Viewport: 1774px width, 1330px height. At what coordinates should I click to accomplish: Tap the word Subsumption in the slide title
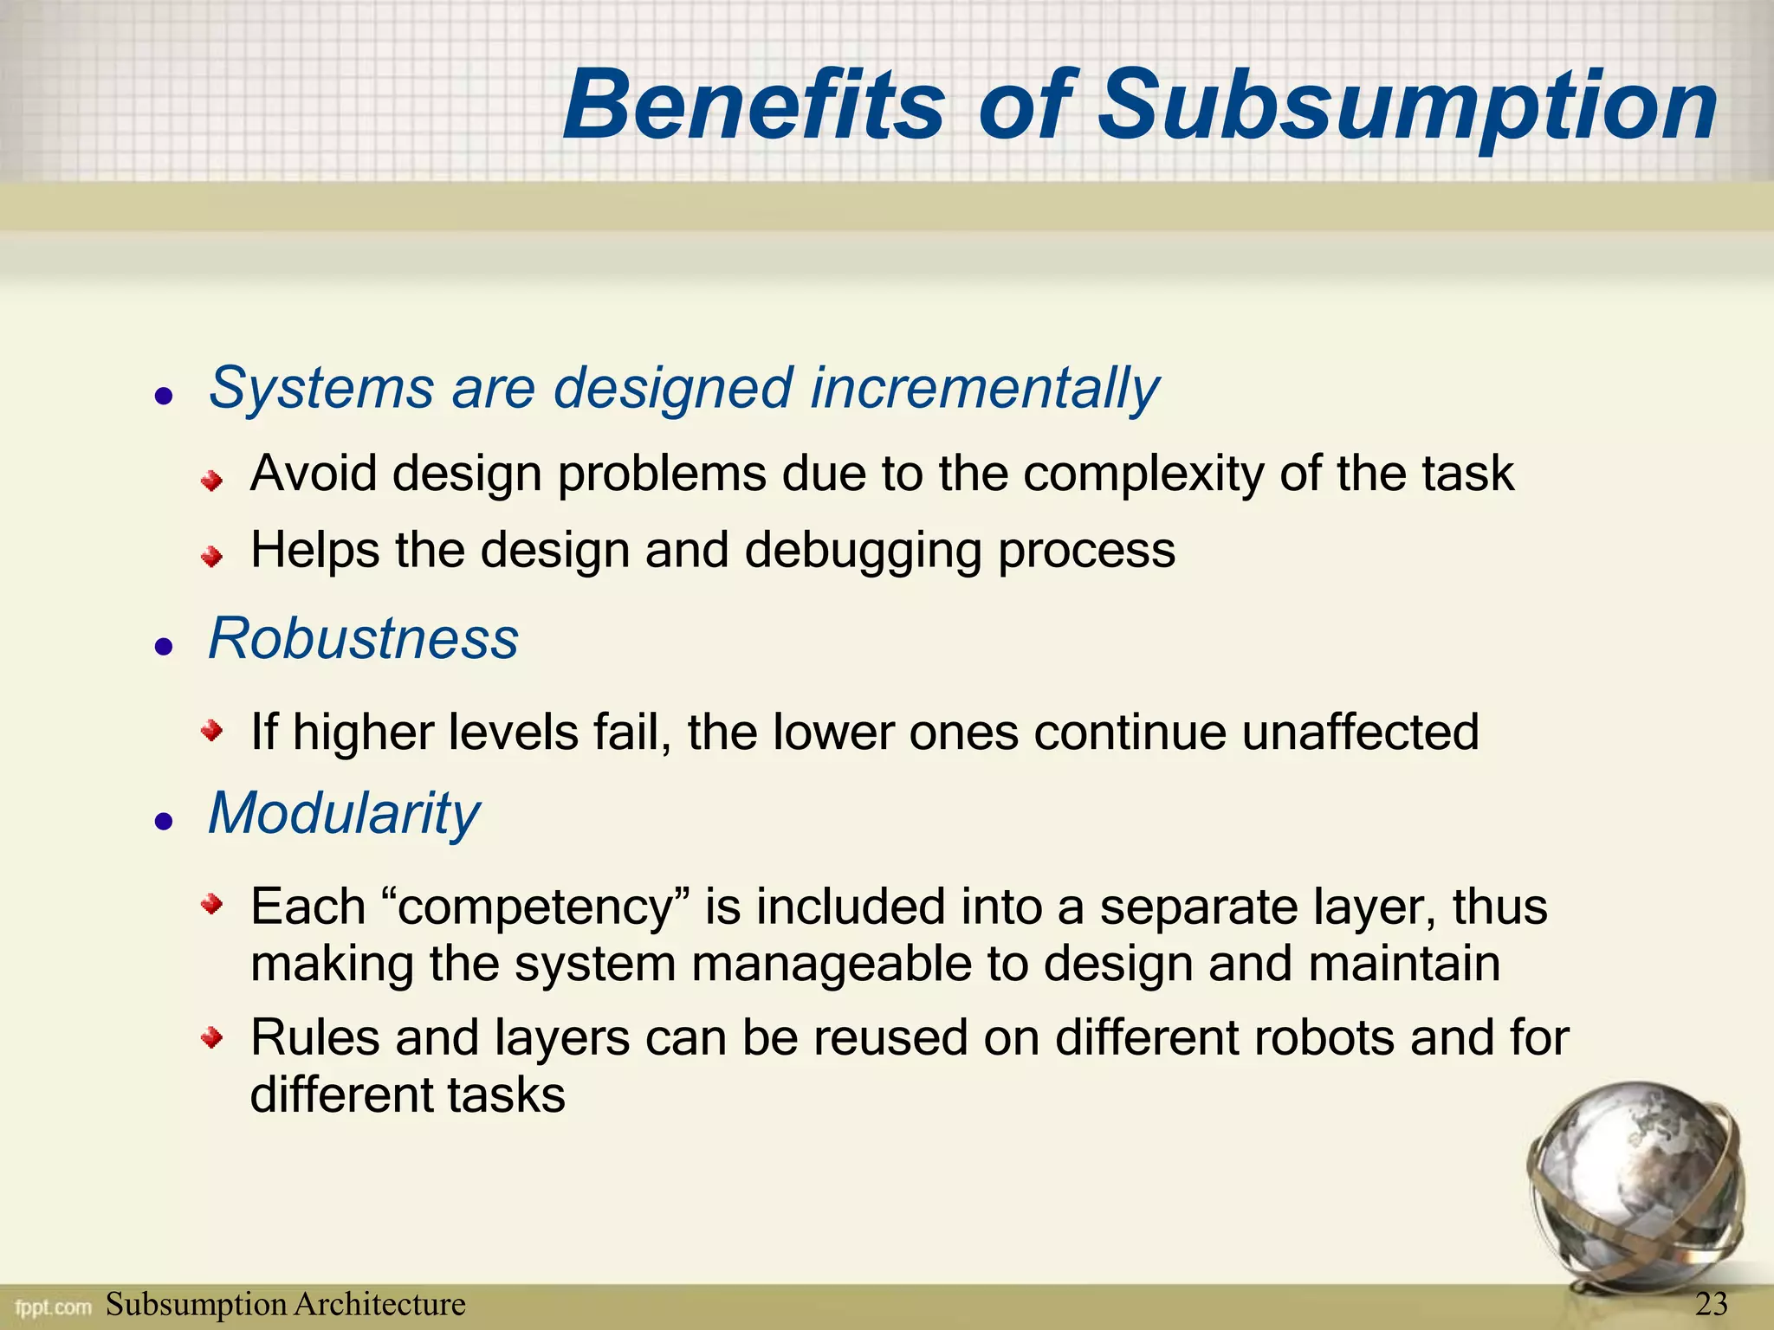tap(1408, 107)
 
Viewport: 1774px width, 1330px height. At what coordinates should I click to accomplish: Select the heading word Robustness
tap(363, 639)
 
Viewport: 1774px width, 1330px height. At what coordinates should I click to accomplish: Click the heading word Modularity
tap(344, 814)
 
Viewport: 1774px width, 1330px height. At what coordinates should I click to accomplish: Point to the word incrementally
tap(984, 388)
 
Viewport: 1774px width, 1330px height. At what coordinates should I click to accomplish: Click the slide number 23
tap(1711, 1303)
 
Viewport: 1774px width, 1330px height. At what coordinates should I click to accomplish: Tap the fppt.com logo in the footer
tap(53, 1306)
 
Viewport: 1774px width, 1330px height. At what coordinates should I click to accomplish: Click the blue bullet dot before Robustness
tap(164, 646)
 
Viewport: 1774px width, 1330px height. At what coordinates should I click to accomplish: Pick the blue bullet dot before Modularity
tap(164, 821)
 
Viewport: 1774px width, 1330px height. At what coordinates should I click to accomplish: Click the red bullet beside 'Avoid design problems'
tap(211, 480)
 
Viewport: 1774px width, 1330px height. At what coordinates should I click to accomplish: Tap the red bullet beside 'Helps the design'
tap(211, 556)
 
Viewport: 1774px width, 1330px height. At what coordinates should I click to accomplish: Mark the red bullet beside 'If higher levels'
tap(211, 733)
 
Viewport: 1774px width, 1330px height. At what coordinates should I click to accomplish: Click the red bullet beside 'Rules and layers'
tap(211, 1036)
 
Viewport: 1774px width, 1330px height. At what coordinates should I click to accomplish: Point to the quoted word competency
tap(536, 907)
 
